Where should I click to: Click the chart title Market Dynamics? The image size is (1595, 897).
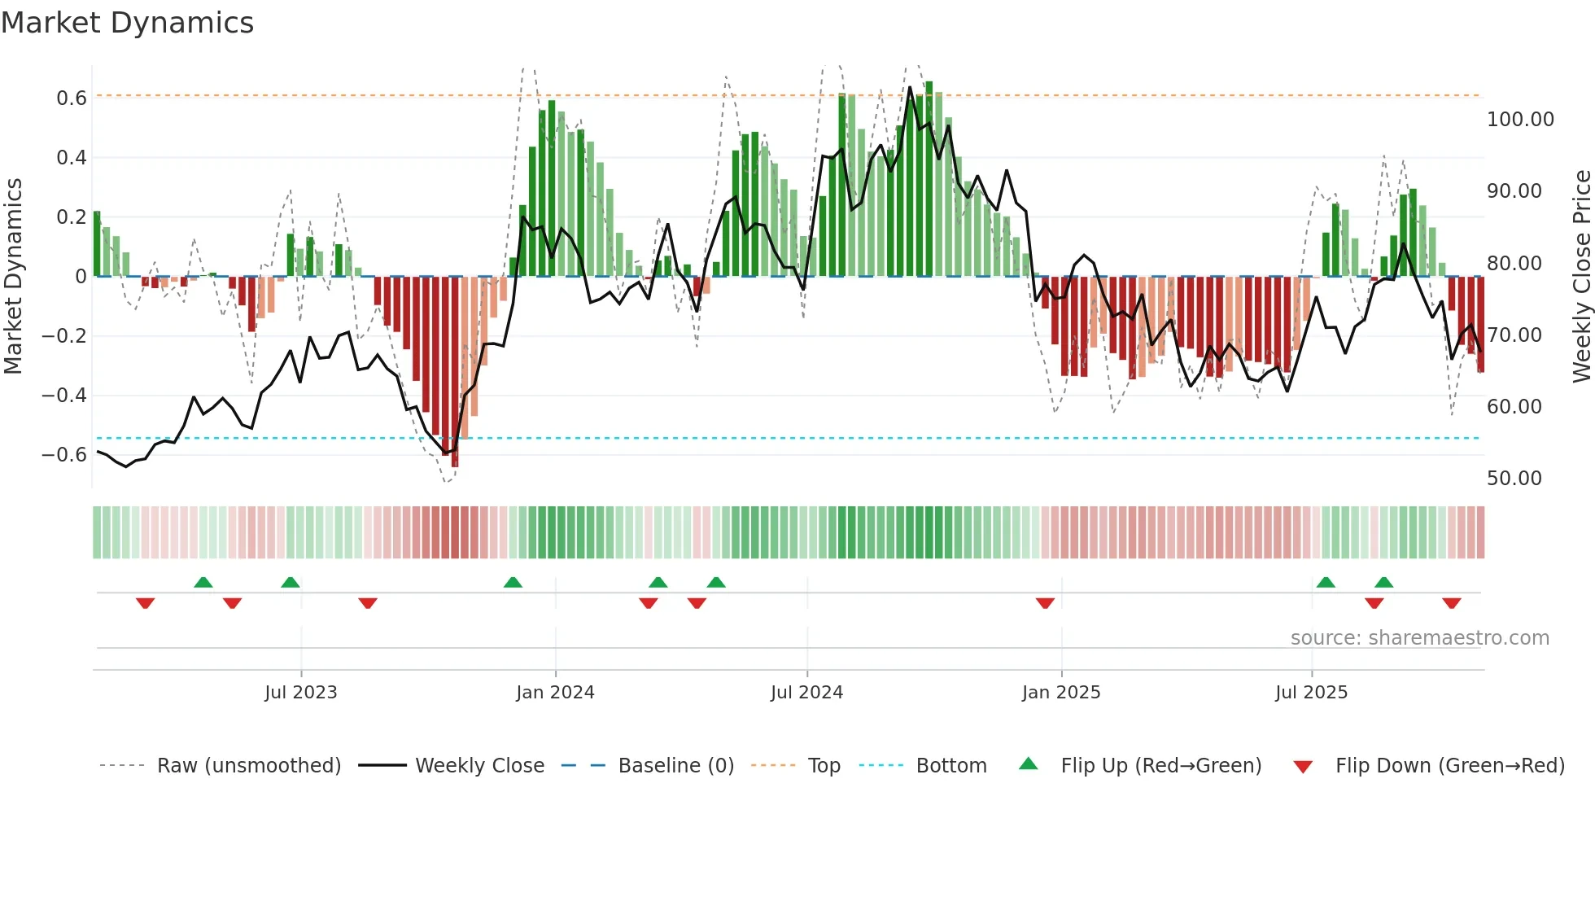coord(127,23)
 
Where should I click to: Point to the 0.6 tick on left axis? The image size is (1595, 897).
coord(71,98)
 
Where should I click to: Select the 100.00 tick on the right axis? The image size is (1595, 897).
coord(1519,120)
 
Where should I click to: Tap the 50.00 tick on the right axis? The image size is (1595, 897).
coord(1514,479)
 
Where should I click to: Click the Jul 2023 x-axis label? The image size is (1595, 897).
coord(300,693)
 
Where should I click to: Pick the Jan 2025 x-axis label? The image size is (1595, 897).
coord(1060,693)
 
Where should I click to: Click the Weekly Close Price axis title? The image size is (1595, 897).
coord(1581,276)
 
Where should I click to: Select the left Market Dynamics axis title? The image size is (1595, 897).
coord(13,276)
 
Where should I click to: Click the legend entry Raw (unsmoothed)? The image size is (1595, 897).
coord(248,766)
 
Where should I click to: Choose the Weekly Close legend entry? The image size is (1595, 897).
coord(479,766)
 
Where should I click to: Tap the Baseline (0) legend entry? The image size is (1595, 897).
coord(675,766)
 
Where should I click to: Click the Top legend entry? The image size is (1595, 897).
coord(824,766)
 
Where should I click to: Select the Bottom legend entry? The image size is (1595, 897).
coord(950,766)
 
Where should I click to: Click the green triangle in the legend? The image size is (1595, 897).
coord(1029,764)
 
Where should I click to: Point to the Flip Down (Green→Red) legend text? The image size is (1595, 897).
coord(1449,766)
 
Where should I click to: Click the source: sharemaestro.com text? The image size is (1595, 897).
coord(1419,638)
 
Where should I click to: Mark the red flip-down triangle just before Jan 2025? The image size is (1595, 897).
coord(1045,603)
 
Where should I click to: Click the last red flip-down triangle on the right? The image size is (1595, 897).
coord(1451,603)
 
